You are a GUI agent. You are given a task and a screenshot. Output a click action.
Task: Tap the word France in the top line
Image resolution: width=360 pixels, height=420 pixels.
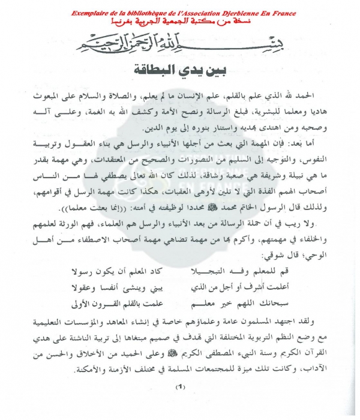tap(267, 13)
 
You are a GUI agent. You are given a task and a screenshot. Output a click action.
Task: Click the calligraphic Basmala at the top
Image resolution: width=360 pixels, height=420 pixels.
tap(179, 43)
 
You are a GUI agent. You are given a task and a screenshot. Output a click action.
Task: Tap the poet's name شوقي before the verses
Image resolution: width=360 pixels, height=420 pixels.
tap(272, 251)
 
